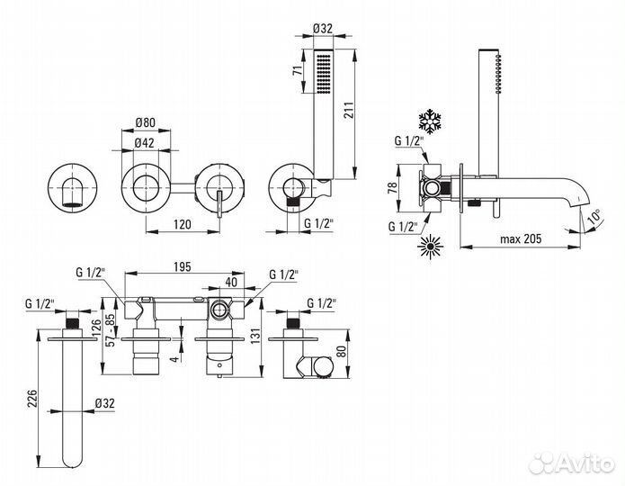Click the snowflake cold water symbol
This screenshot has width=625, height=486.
[x=430, y=121]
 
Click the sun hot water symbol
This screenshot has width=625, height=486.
[x=431, y=247]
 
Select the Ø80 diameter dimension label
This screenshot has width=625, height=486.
[x=145, y=122]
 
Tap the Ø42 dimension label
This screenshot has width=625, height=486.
[x=144, y=143]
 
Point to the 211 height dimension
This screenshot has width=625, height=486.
[x=348, y=110]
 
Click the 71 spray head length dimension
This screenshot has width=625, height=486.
[x=297, y=71]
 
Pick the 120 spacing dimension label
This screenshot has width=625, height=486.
[x=183, y=224]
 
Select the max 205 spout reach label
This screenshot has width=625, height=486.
[x=521, y=238]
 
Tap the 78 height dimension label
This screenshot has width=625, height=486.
[x=392, y=186]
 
